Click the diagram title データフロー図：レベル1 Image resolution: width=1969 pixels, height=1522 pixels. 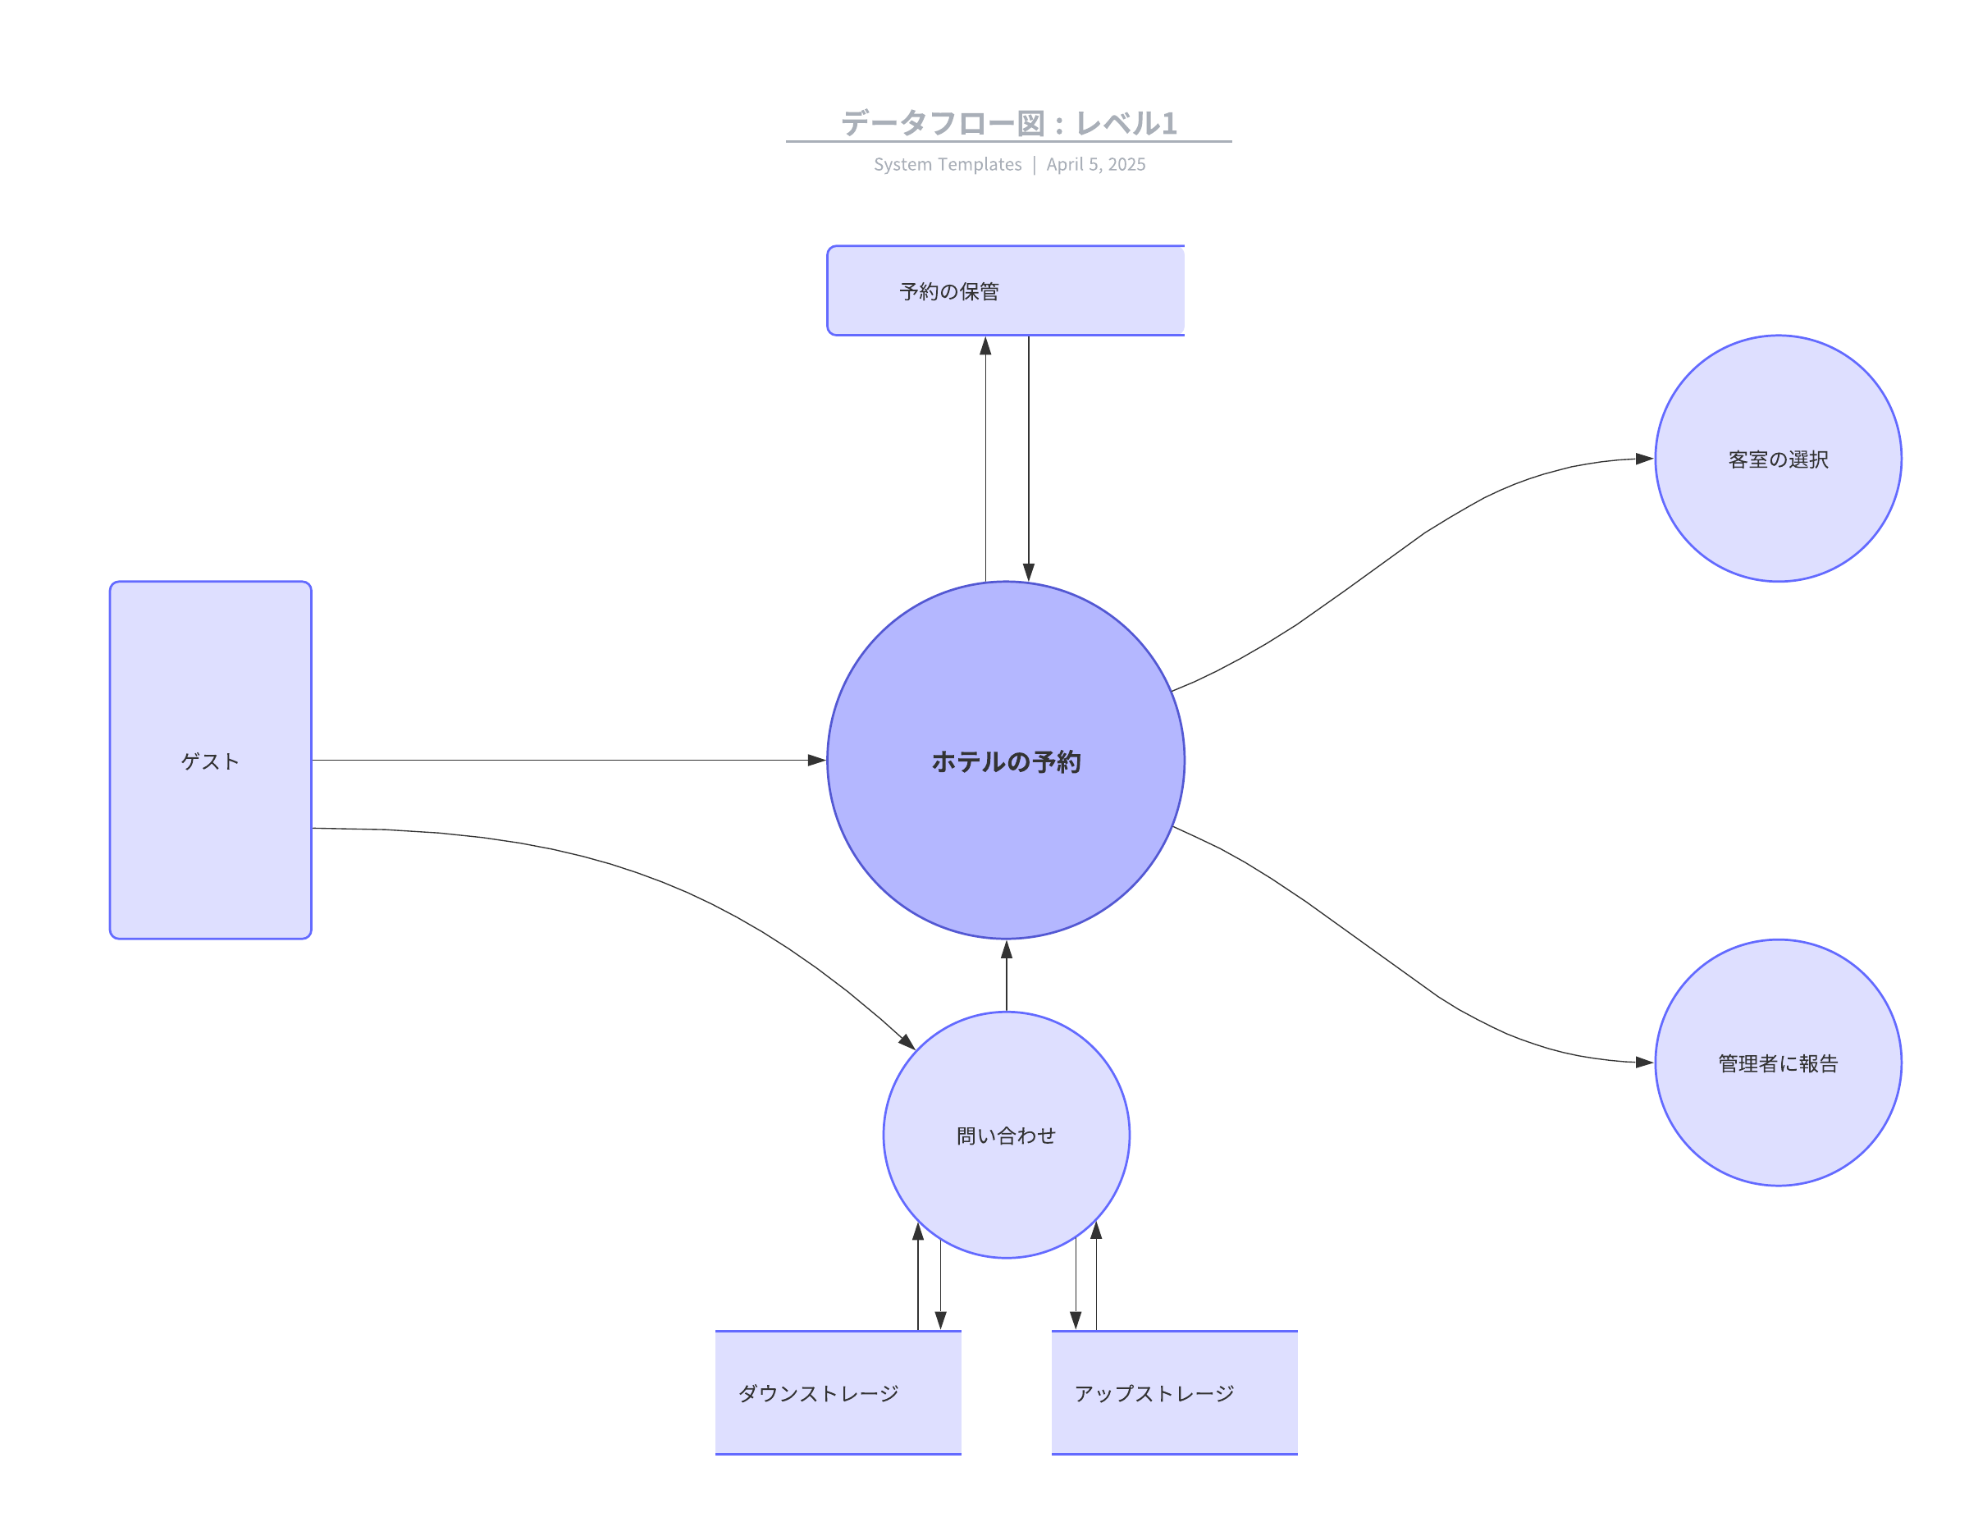coord(1009,122)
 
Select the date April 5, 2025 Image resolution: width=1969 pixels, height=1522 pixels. coord(1095,164)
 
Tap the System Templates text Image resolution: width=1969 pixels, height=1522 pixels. coord(948,164)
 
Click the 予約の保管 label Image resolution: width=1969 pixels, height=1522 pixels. coord(949,291)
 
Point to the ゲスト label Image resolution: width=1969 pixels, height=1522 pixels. coord(210,761)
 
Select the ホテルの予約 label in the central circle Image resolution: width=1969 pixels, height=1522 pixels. coord(1006,762)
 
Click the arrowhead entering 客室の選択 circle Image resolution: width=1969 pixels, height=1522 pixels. coord(1644,459)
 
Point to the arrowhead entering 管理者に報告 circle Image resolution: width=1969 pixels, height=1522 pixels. coord(1644,1063)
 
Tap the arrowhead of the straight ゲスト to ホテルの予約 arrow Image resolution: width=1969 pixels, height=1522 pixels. coord(817,760)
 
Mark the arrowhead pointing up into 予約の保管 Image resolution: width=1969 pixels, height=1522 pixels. coord(985,346)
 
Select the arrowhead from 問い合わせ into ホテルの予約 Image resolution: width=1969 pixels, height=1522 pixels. coord(1007,949)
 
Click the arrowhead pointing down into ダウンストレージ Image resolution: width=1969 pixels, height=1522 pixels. coord(940,1320)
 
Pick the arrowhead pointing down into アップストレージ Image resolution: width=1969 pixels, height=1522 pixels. coord(1076,1320)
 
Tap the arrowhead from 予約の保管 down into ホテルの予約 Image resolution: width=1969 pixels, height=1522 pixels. coord(1029,572)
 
